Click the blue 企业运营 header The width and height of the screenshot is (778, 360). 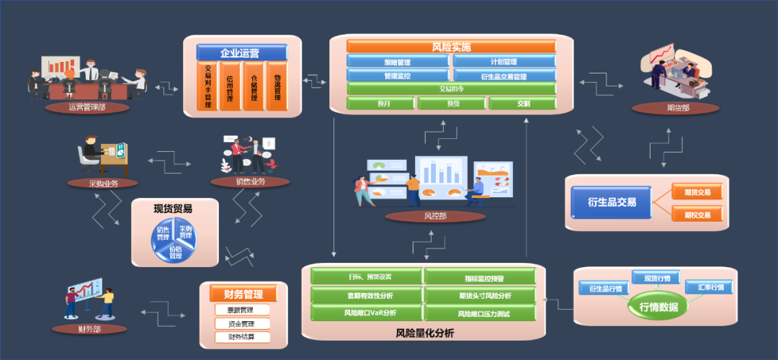click(x=242, y=53)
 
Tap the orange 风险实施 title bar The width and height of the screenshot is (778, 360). click(x=452, y=47)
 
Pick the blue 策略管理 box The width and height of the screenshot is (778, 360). click(x=398, y=62)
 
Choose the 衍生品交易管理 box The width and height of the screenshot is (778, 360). click(x=504, y=76)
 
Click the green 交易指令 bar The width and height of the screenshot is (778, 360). click(x=452, y=89)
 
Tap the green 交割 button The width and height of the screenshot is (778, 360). click(x=523, y=104)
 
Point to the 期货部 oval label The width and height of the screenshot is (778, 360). click(x=675, y=108)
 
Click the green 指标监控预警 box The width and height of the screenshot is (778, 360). click(x=480, y=277)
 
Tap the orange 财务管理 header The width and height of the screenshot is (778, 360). click(x=243, y=294)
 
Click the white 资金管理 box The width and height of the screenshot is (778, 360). click(x=242, y=323)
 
